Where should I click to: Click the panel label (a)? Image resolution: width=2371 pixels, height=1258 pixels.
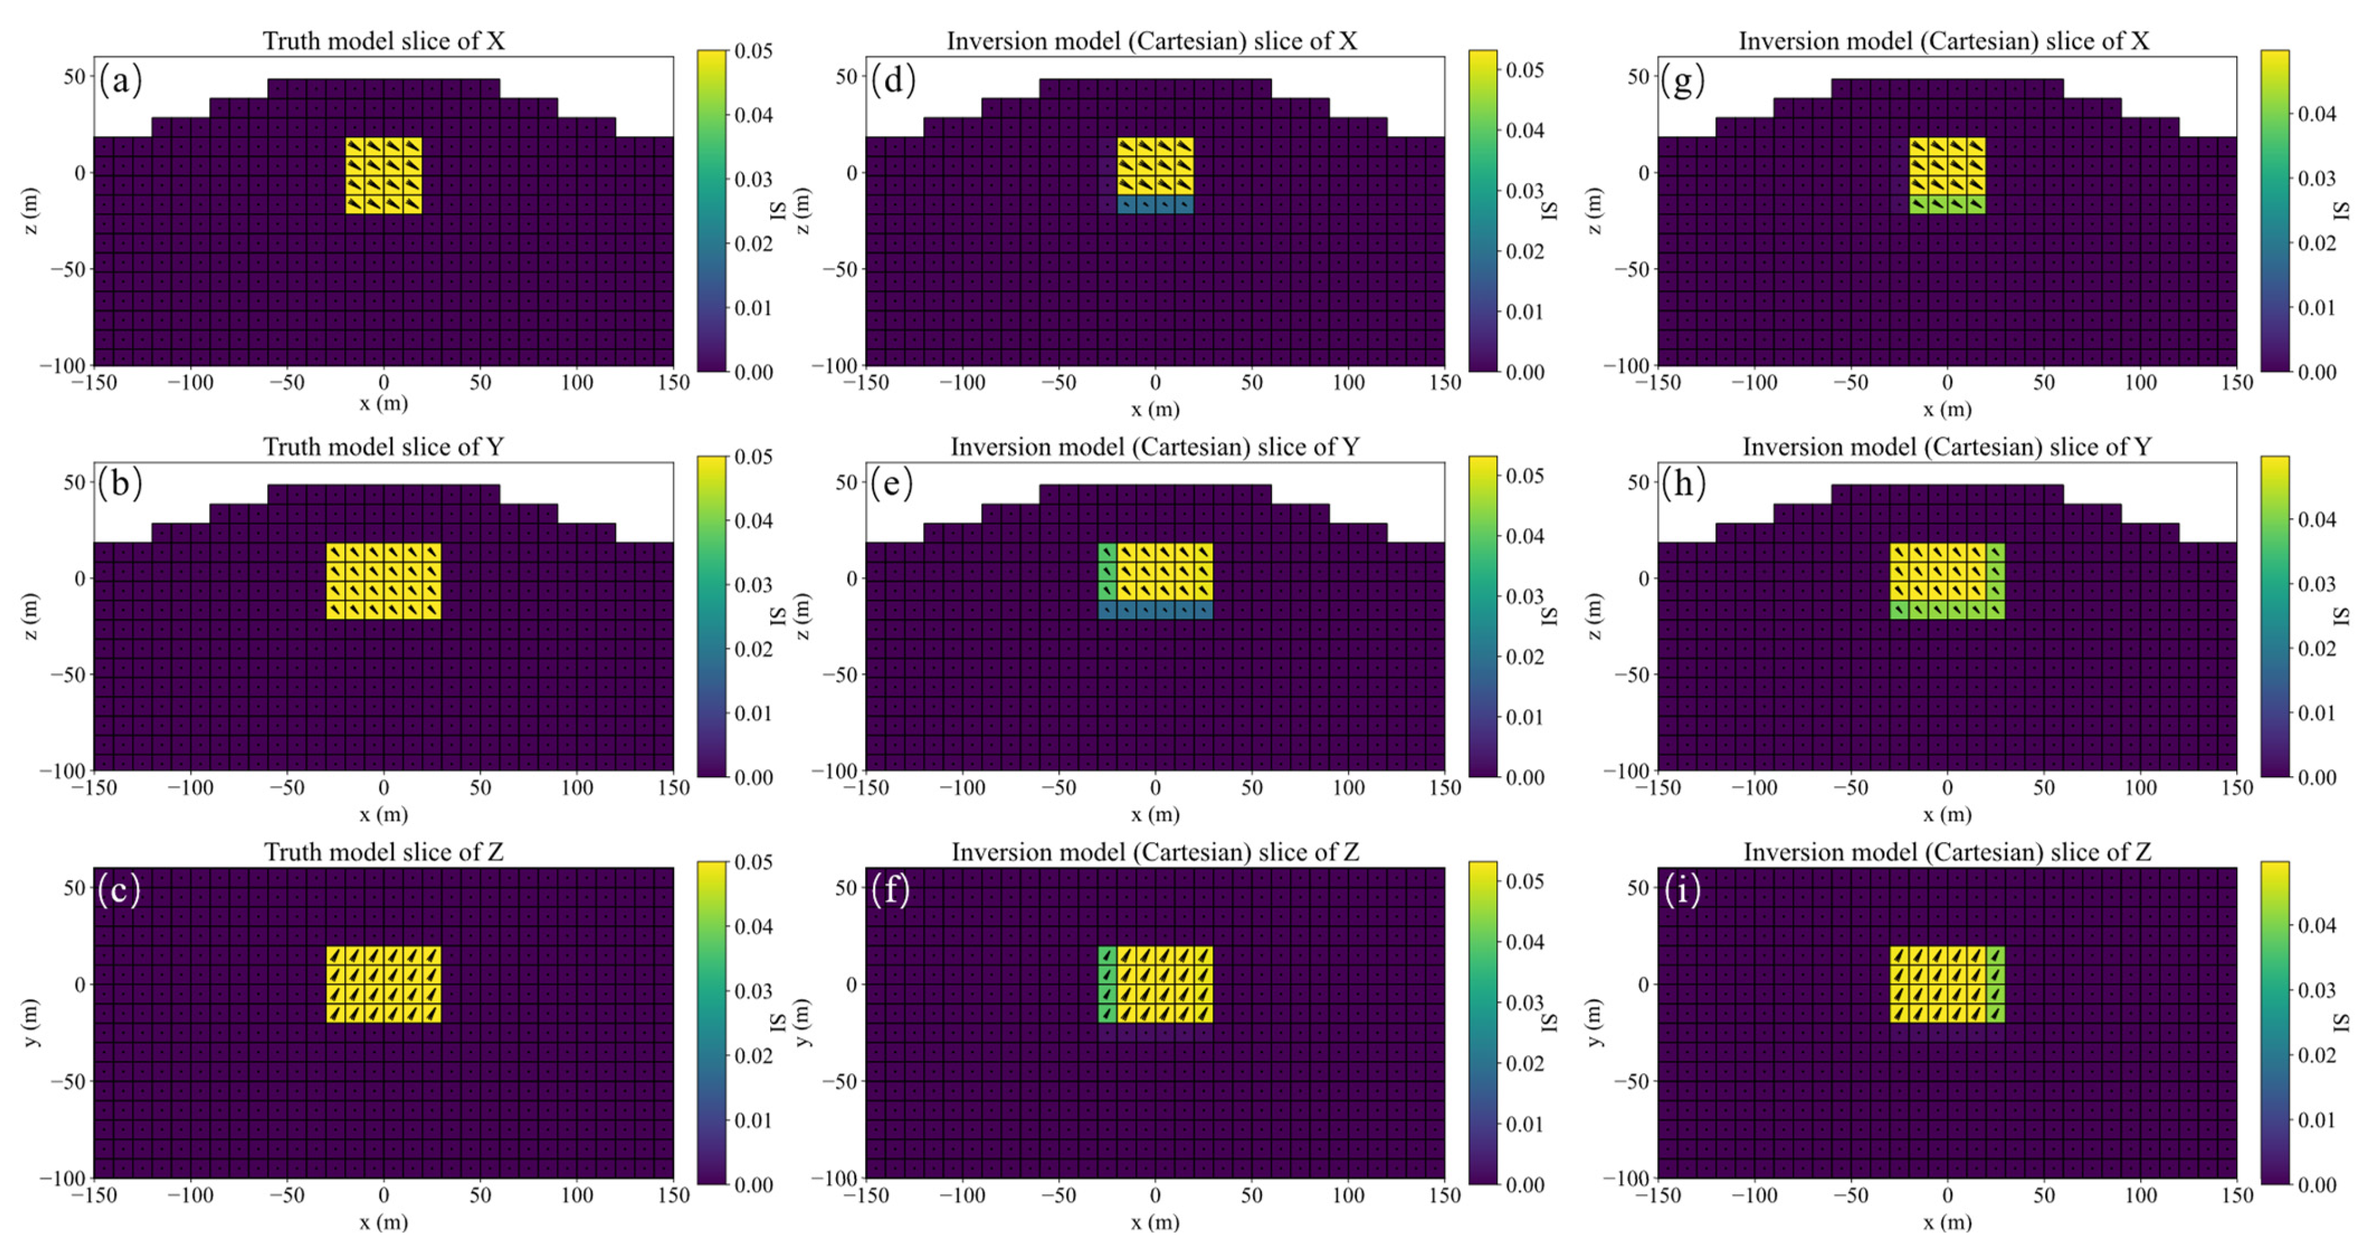coord(121,80)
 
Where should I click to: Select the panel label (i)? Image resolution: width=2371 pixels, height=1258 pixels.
coord(1683,891)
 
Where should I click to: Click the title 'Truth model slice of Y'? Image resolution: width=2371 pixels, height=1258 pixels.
coord(383,447)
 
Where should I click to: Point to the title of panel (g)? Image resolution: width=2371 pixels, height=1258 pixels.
coord(1944,40)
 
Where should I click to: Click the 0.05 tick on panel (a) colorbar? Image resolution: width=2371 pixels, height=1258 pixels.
coord(753,51)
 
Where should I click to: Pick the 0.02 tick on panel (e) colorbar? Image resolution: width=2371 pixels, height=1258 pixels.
coord(1525,657)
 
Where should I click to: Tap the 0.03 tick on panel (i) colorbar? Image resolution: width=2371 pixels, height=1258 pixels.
coord(2316,990)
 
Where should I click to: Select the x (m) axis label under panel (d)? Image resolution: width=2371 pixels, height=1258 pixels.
coord(1155,409)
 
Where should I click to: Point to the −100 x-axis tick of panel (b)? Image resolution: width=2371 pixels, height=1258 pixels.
coord(191,787)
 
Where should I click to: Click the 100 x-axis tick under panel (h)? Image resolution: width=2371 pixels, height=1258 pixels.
coord(2140,787)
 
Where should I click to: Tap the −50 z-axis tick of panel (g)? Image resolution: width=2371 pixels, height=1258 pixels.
coord(1631,269)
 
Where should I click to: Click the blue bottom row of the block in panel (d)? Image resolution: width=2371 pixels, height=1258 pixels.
coord(1155,204)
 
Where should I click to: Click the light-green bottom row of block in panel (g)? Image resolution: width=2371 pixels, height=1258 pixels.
coord(1946,204)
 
